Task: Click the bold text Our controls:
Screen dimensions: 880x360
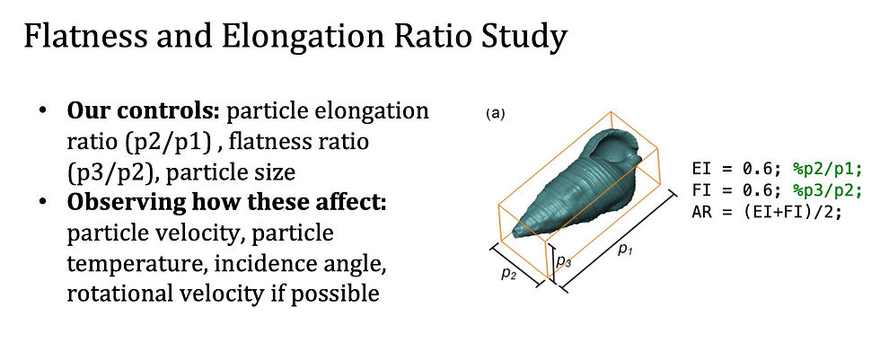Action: [144, 111]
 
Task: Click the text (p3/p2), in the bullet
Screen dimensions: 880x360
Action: [112, 172]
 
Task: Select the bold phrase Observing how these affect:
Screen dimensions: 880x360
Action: [226, 202]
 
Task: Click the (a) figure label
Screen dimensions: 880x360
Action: [495, 114]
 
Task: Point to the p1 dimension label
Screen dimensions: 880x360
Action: [625, 249]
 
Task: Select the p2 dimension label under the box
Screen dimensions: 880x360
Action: [509, 274]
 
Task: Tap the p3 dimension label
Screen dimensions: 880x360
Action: [564, 260]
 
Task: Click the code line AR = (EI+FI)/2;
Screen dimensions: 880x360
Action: [767, 213]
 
